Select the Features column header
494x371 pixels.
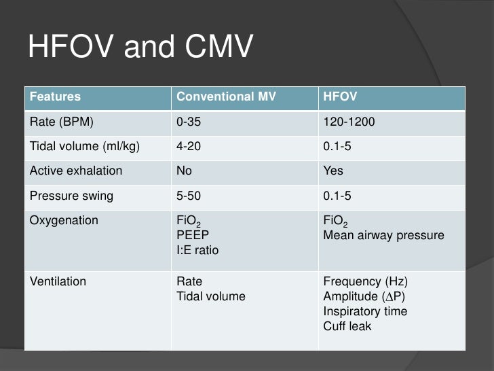(x=55, y=96)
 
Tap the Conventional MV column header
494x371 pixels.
(x=226, y=96)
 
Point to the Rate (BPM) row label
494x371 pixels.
(x=61, y=122)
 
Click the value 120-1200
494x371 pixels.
(x=349, y=122)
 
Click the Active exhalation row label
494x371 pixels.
(x=76, y=171)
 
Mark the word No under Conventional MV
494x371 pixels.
(x=184, y=171)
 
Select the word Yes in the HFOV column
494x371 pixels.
(x=333, y=171)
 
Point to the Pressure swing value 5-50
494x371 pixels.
(x=189, y=196)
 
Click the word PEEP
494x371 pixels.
(x=192, y=235)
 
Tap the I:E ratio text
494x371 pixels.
(x=197, y=250)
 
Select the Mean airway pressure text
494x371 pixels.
(x=383, y=235)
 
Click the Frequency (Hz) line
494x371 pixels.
(x=365, y=281)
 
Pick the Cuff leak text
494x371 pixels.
(x=347, y=326)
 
